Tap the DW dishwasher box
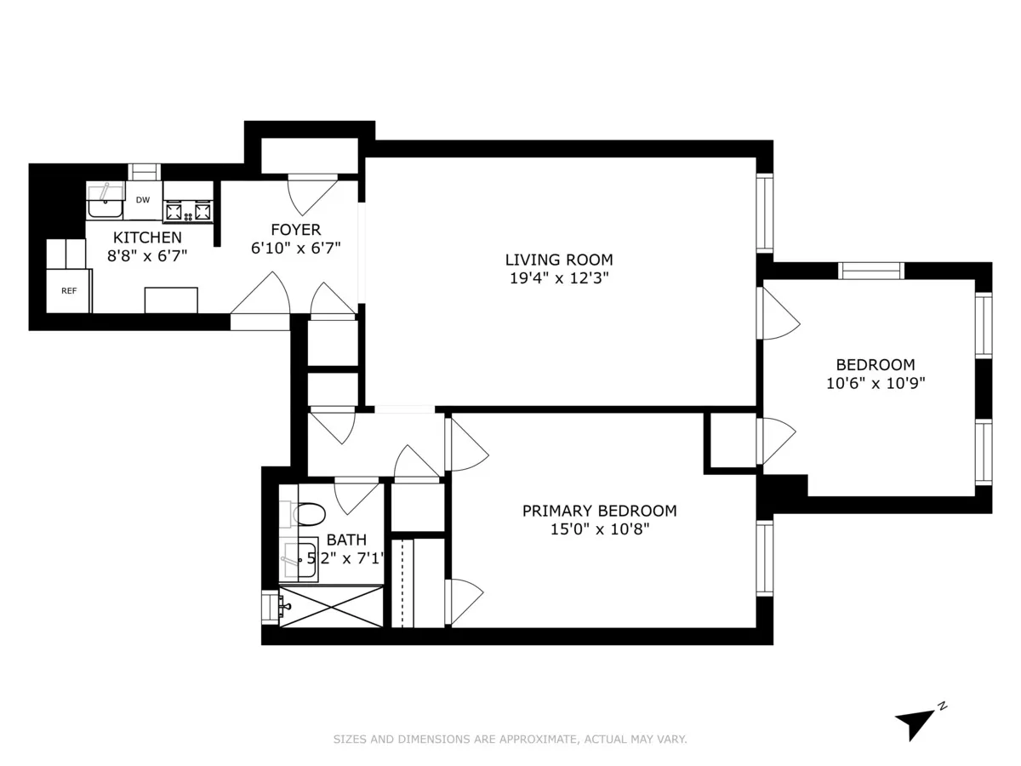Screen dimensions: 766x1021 (x=143, y=201)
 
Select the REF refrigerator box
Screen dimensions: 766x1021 (x=69, y=291)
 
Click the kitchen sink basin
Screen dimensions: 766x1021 (x=106, y=204)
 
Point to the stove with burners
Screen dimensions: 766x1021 (x=188, y=209)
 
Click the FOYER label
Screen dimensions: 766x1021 (x=295, y=230)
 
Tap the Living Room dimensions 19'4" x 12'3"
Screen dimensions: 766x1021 (x=558, y=277)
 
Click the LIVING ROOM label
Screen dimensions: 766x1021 (x=558, y=260)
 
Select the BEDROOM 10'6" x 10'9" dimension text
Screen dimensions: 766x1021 (x=875, y=383)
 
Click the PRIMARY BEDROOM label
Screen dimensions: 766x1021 (x=599, y=511)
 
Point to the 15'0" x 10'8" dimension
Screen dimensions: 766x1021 (x=599, y=529)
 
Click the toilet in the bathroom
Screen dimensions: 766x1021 (x=307, y=514)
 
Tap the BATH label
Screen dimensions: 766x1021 (x=346, y=540)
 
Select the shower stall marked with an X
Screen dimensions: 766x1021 (x=331, y=608)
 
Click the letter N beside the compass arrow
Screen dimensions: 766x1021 (x=942, y=706)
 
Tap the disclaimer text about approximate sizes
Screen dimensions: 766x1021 (x=510, y=740)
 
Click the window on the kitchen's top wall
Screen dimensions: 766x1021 (x=144, y=172)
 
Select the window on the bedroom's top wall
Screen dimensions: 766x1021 (x=870, y=271)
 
